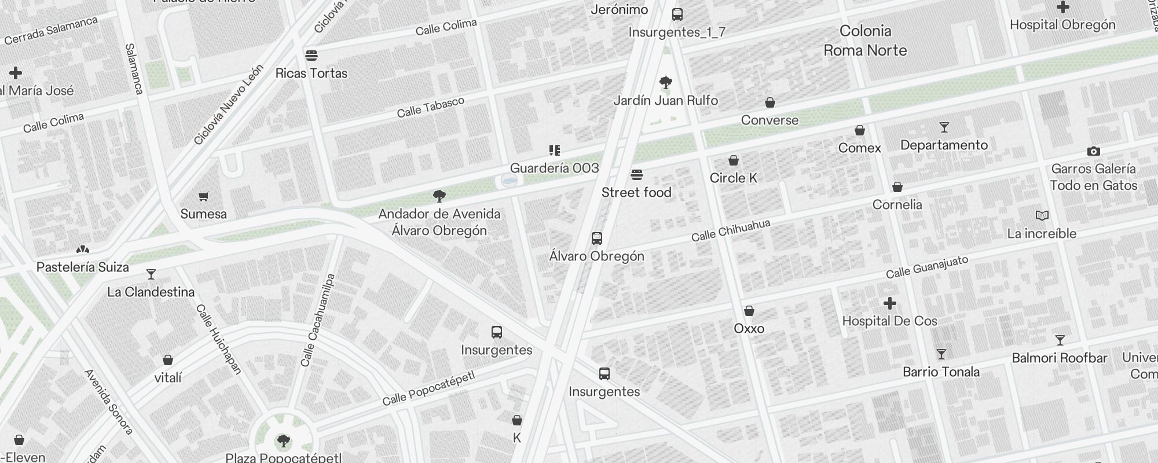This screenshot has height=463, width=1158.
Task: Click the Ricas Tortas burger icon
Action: tap(312, 56)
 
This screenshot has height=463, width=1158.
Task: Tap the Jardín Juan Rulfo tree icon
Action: tap(666, 82)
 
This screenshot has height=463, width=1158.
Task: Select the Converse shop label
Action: tap(769, 120)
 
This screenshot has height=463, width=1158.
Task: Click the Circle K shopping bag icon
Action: tap(734, 160)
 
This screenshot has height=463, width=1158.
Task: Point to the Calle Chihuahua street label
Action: tap(731, 230)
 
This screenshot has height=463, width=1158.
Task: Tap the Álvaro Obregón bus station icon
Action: tap(596, 238)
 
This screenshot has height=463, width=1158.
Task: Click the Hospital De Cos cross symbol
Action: tap(890, 303)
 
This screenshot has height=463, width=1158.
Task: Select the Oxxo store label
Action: tap(749, 329)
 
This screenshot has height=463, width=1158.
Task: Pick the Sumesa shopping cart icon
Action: tap(203, 197)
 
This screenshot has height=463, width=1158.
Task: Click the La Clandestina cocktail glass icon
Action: tap(151, 274)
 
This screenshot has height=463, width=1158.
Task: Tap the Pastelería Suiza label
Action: tap(83, 267)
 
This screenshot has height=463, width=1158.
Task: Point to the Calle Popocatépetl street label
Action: tap(428, 388)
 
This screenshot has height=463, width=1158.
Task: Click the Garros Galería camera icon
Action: tap(1093, 152)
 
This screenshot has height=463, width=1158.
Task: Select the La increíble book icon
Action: tap(1042, 216)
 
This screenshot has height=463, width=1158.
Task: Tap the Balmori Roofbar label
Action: tap(1059, 358)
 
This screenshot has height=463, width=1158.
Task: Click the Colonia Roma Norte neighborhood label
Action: tap(865, 41)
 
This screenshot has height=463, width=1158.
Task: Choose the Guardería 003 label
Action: tap(554, 168)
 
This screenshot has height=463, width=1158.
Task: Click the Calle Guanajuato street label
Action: tap(926, 267)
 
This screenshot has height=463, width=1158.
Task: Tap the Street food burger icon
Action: tap(637, 175)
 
